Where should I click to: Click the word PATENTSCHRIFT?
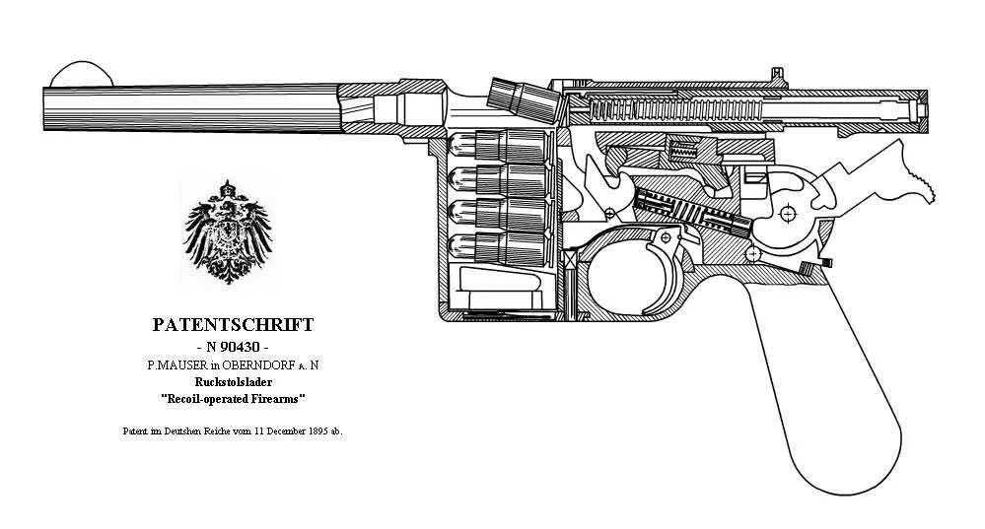(x=234, y=324)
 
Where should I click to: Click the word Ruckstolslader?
(x=234, y=382)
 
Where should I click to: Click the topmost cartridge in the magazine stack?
(x=499, y=145)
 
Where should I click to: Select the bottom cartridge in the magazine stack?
(x=499, y=246)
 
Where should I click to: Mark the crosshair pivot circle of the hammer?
(x=787, y=213)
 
